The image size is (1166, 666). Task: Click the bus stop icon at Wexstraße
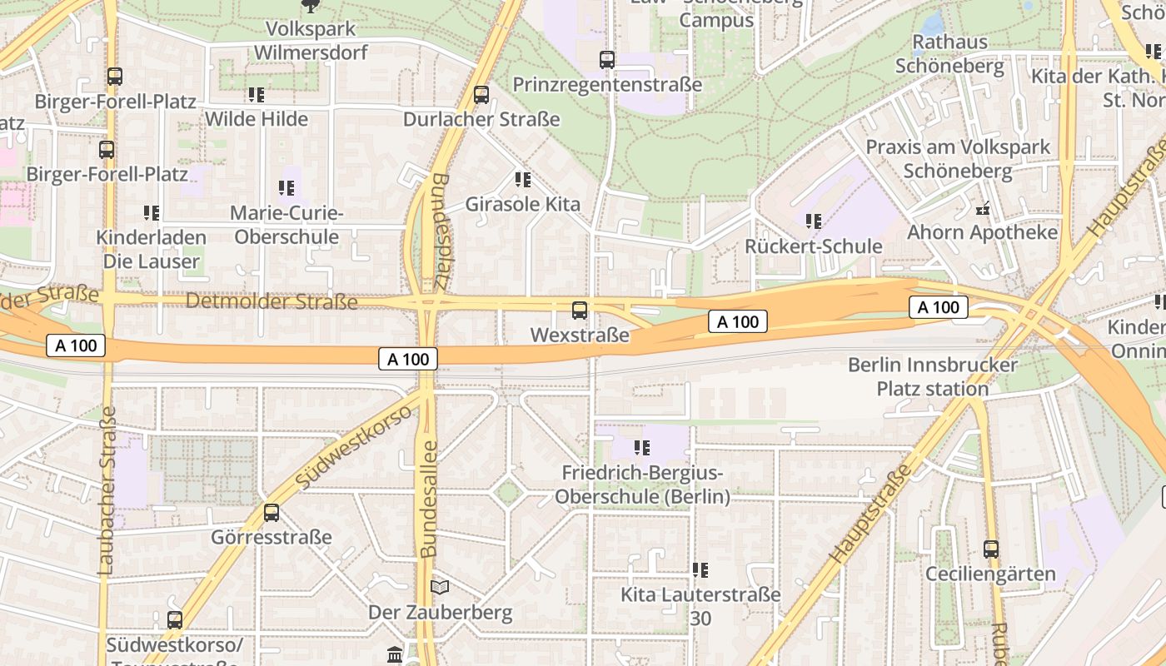[x=580, y=311]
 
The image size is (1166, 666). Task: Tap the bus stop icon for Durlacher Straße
[x=481, y=94]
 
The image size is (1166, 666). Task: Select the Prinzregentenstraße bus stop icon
[x=607, y=60]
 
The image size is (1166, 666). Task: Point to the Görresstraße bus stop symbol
[x=272, y=512]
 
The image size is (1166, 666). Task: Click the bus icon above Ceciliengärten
[x=990, y=549]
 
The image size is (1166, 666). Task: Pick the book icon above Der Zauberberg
[x=440, y=587]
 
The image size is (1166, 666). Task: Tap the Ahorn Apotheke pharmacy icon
[x=983, y=207]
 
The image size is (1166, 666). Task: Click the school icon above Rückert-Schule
[x=814, y=221]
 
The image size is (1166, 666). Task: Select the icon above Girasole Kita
[x=523, y=179]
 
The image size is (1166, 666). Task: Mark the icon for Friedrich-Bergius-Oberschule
[x=641, y=448]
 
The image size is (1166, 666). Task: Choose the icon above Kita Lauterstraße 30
[x=700, y=570]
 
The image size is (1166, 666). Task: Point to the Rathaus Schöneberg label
[x=949, y=54]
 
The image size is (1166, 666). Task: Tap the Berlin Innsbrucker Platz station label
[x=933, y=377]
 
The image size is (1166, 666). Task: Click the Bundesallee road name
[x=429, y=499]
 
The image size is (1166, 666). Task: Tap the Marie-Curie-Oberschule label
[x=287, y=225]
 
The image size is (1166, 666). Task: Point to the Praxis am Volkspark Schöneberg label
[x=958, y=159]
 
